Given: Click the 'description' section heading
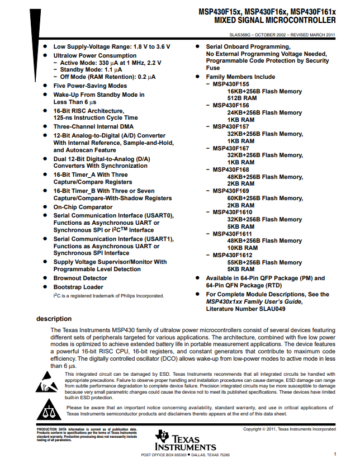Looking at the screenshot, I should (54, 319).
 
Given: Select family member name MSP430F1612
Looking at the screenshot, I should (233, 255).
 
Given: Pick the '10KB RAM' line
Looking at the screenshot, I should (243, 248).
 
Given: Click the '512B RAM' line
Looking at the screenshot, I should (242, 98).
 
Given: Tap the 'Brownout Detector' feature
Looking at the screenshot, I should (80, 278).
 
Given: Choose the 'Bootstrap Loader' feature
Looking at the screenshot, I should (78, 287).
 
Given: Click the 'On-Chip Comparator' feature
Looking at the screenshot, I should (83, 207).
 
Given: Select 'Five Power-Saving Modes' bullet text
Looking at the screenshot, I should (90, 86).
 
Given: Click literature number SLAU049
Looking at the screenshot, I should (269, 308).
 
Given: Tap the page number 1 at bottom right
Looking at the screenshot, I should (334, 455).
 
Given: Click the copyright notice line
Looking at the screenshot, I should (290, 429).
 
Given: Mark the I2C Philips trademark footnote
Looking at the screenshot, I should (108, 296).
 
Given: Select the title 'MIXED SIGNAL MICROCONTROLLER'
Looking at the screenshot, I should (275, 21).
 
